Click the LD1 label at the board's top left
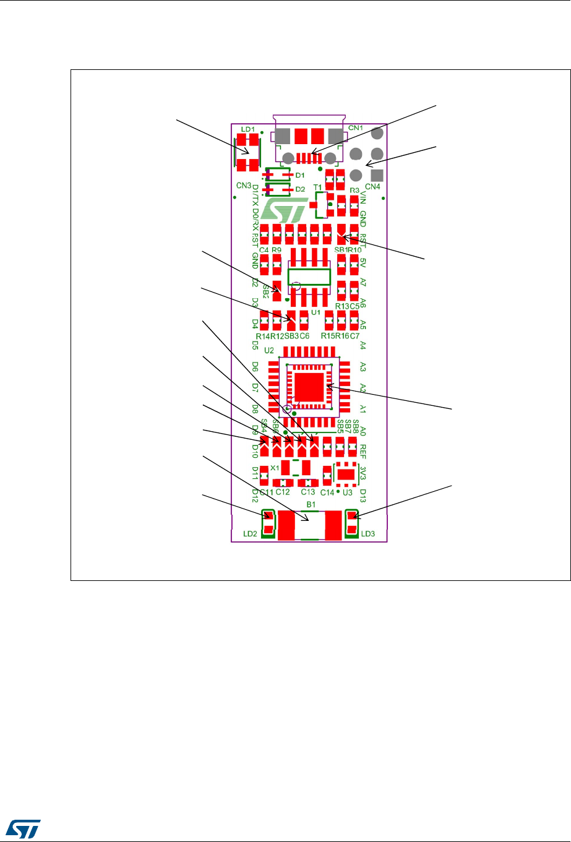pyautogui.click(x=248, y=129)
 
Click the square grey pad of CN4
pyautogui.click(x=377, y=175)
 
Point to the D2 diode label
pyautogui.click(x=300, y=189)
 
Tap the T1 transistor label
pyautogui.click(x=317, y=187)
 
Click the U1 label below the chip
pyautogui.click(x=316, y=313)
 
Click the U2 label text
pyautogui.click(x=269, y=351)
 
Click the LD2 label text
pyautogui.click(x=249, y=534)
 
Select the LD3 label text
pyautogui.click(x=367, y=534)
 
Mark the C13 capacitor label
pyautogui.click(x=308, y=492)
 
